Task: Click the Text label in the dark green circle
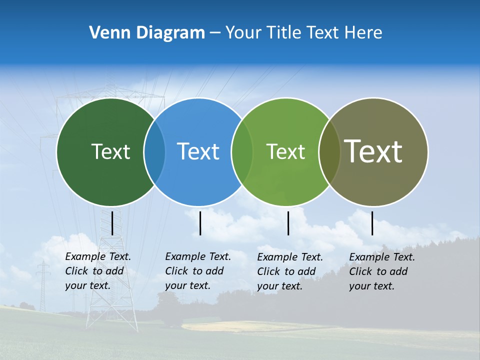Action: [x=110, y=151]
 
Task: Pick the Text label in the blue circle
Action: [x=198, y=151]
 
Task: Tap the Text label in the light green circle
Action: [x=285, y=151]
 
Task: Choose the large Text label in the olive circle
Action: [x=373, y=151]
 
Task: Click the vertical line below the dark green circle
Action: [x=112, y=223]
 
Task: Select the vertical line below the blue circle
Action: [x=200, y=223]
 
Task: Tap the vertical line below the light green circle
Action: [x=288, y=223]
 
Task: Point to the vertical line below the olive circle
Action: [x=372, y=223]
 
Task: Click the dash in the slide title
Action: [x=215, y=33]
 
